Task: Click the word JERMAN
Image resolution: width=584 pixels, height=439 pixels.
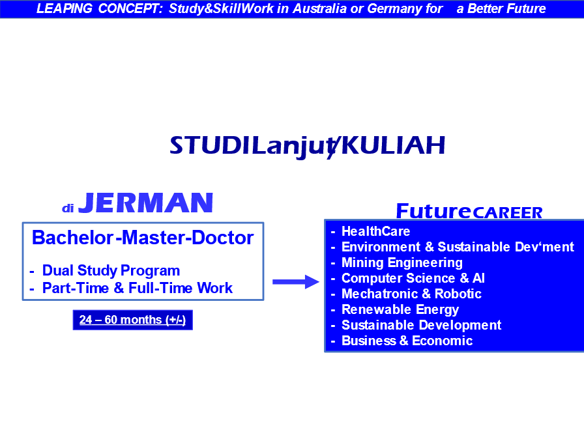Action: pyautogui.click(x=145, y=203)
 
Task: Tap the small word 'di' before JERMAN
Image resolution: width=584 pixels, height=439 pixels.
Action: pyautogui.click(x=67, y=208)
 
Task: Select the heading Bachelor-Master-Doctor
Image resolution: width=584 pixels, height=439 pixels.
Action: pyautogui.click(x=143, y=238)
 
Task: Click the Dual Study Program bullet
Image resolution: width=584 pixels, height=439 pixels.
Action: pyautogui.click(x=111, y=270)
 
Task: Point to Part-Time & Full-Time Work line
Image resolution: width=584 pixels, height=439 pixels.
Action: pyautogui.click(x=138, y=288)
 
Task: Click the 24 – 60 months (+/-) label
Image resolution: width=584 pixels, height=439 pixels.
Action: pyautogui.click(x=132, y=320)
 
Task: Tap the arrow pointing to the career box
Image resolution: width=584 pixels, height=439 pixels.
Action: pyautogui.click(x=296, y=281)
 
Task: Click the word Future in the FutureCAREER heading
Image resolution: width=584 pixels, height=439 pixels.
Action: pyautogui.click(x=433, y=211)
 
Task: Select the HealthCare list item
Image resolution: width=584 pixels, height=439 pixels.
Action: pyautogui.click(x=376, y=231)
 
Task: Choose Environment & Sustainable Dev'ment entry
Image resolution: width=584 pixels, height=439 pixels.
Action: pyautogui.click(x=458, y=247)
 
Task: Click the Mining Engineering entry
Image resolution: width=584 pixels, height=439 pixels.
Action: pyautogui.click(x=402, y=262)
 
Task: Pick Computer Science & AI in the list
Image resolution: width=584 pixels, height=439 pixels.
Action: pyautogui.click(x=413, y=278)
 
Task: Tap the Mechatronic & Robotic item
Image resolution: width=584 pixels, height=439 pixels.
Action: pyautogui.click(x=411, y=294)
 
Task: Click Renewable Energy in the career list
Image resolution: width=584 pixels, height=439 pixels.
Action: pyautogui.click(x=400, y=309)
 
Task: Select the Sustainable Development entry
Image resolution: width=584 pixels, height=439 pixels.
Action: pyautogui.click(x=422, y=325)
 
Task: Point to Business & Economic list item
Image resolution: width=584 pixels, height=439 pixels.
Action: pyautogui.click(x=407, y=341)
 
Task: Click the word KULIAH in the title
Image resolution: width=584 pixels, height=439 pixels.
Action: pyautogui.click(x=393, y=145)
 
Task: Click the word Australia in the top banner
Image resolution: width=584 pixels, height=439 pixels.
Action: pyautogui.click(x=319, y=8)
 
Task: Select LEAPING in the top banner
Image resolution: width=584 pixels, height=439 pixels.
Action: pyautogui.click(x=64, y=8)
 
